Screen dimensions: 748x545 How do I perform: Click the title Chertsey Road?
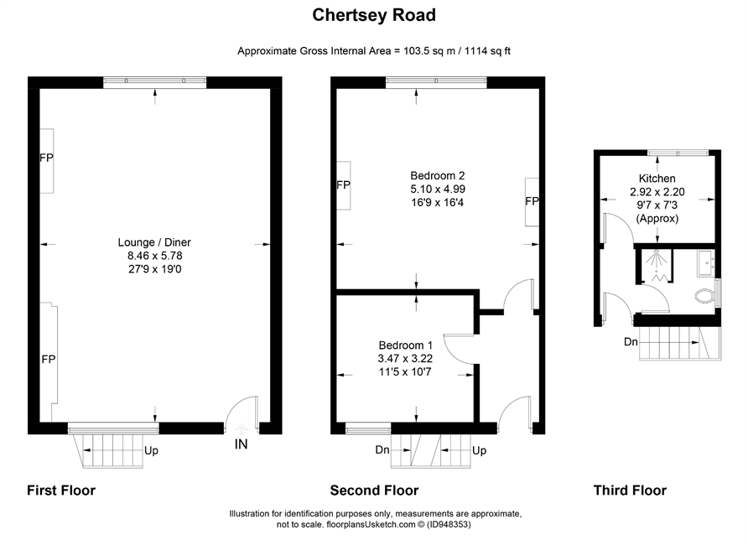(x=374, y=15)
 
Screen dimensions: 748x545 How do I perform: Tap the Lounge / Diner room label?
(x=154, y=242)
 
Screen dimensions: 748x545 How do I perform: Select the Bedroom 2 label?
(x=438, y=175)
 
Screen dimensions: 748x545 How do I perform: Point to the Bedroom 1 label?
(x=406, y=345)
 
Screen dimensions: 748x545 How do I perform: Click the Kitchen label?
(x=657, y=179)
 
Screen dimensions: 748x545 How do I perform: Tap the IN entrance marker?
(x=241, y=444)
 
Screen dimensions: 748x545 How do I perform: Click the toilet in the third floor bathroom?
(x=705, y=296)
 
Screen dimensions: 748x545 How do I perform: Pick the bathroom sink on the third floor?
(x=706, y=262)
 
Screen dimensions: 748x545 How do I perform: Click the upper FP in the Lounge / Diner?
(x=46, y=158)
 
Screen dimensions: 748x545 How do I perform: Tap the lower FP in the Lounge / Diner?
(x=48, y=359)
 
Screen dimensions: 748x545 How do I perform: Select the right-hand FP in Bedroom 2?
(x=532, y=201)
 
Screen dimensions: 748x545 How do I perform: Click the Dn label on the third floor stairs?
(x=631, y=341)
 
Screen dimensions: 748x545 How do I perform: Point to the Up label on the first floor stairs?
(x=151, y=450)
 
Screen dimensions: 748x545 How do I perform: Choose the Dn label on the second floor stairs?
(x=382, y=449)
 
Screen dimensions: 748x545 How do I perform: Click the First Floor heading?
(x=61, y=490)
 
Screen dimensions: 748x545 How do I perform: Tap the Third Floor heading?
(x=630, y=490)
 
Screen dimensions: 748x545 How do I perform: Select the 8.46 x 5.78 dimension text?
(x=154, y=256)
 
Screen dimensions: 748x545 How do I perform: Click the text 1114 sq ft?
(x=487, y=51)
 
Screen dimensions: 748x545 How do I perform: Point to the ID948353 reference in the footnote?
(x=449, y=525)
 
